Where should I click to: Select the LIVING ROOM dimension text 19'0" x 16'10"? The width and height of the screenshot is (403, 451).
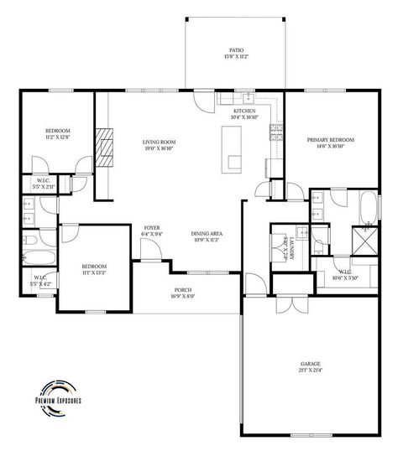click(157, 148)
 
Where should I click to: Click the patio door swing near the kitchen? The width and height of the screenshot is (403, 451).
click(202, 101)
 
